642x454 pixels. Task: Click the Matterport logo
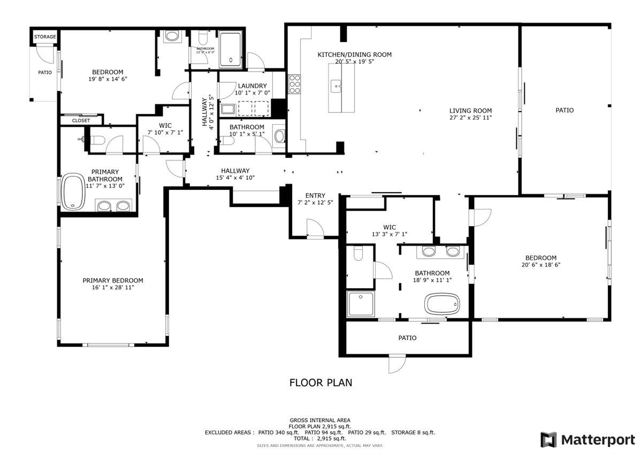click(587, 440)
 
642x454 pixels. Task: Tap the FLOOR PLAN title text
click(320, 382)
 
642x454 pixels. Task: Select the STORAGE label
click(45, 37)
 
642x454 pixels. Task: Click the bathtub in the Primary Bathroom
click(73, 192)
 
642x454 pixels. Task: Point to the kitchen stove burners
click(294, 84)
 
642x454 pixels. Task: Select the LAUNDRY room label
click(252, 86)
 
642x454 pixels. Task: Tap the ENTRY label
click(315, 195)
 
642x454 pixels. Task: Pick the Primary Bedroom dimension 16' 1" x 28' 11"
click(113, 288)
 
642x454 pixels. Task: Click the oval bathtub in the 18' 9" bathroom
click(442, 304)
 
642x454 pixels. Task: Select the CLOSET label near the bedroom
click(81, 121)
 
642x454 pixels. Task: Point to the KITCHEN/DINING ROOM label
click(354, 55)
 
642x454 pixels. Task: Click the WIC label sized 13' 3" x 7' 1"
click(389, 227)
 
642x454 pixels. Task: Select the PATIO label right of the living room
click(564, 110)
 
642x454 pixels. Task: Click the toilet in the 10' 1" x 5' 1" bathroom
click(279, 137)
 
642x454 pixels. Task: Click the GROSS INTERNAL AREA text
click(320, 420)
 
